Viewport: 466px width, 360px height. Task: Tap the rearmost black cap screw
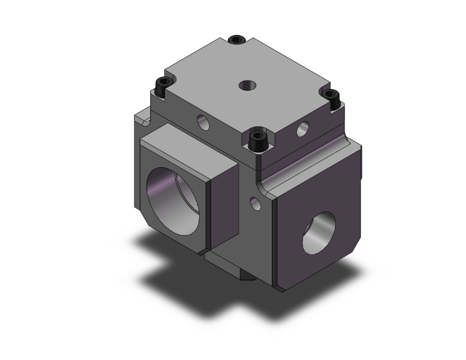(236, 40)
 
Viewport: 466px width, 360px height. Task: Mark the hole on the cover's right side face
(303, 130)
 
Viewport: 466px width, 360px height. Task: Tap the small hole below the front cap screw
(254, 202)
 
